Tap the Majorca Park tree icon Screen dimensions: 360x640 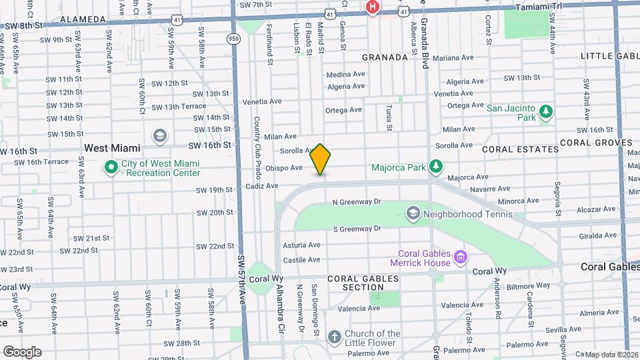435,165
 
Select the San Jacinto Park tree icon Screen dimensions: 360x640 546,111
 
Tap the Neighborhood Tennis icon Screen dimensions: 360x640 413,213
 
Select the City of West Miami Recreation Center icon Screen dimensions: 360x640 111,167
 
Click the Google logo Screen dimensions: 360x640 21,351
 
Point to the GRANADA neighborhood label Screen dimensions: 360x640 385,57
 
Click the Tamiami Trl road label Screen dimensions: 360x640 539,6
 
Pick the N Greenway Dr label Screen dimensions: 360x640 356,201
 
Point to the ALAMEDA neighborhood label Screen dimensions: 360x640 83,20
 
